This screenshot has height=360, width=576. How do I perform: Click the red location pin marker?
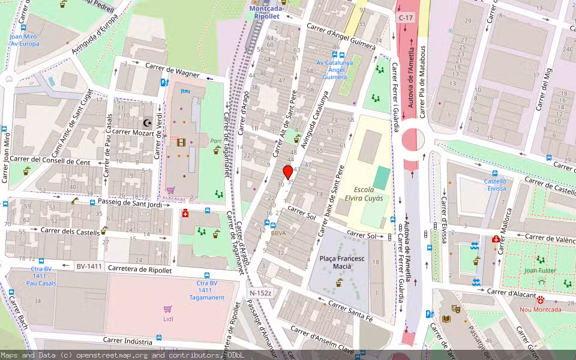coord(288,172)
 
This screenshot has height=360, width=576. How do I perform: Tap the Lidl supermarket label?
coord(168,319)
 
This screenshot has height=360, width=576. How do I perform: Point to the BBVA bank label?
coord(278,233)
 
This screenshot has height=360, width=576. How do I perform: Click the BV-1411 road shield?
coord(89,266)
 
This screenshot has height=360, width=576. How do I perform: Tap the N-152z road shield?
coord(261,293)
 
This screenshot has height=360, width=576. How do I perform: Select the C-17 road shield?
coord(406,19)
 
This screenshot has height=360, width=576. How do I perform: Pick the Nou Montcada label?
coord(540,310)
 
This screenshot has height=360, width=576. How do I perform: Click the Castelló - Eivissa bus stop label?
coord(495,184)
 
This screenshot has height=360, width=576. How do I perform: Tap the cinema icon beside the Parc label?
coord(182,142)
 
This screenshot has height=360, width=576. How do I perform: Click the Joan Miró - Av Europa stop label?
coord(24,40)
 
